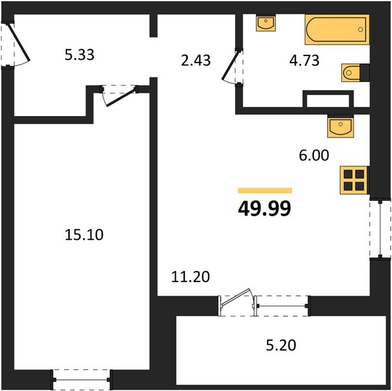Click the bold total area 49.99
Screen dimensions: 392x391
click(x=264, y=209)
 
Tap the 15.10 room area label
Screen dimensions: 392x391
click(x=84, y=235)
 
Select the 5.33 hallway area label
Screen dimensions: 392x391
click(x=79, y=55)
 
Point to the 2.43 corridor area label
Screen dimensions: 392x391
click(x=196, y=61)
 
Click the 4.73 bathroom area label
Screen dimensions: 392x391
click(x=304, y=61)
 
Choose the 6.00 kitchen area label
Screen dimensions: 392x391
click(x=314, y=155)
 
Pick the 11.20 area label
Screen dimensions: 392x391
click(x=191, y=277)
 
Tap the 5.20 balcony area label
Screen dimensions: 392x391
click(x=281, y=345)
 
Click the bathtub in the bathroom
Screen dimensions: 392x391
click(x=337, y=29)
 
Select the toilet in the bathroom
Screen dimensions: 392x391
click(x=356, y=73)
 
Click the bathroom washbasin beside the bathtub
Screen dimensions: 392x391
click(x=266, y=23)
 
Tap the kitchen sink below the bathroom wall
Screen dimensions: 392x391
click(x=341, y=126)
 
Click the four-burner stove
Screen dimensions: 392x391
click(x=354, y=181)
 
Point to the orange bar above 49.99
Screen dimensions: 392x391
click(x=265, y=191)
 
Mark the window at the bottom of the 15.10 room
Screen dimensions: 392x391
click(x=81, y=380)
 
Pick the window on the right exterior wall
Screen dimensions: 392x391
click(x=380, y=229)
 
